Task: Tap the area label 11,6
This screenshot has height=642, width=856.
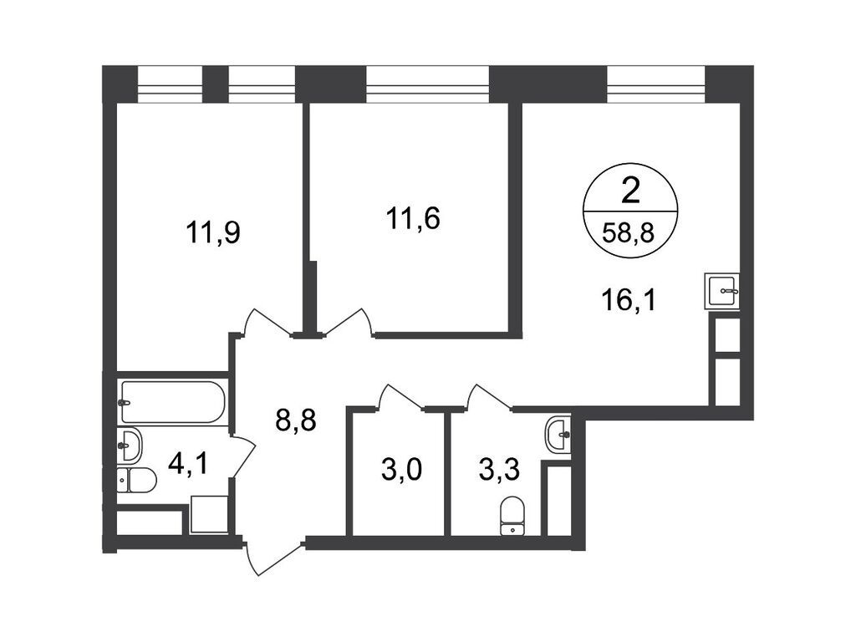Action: [x=413, y=219]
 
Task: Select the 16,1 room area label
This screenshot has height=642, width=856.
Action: [x=630, y=300]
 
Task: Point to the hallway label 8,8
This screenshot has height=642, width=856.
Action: [x=296, y=421]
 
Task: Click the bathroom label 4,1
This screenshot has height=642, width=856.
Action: [x=188, y=465]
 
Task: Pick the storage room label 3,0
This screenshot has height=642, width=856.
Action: [x=401, y=471]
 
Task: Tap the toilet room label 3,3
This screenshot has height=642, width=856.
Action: [x=499, y=471]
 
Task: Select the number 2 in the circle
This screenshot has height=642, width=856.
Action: [x=630, y=192]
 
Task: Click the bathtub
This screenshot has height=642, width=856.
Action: [x=172, y=402]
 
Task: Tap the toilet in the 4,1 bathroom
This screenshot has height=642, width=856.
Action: [x=137, y=480]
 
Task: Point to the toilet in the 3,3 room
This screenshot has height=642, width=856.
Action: [x=512, y=515]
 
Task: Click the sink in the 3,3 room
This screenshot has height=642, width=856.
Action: [x=558, y=435]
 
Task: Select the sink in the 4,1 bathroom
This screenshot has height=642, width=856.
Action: [x=130, y=445]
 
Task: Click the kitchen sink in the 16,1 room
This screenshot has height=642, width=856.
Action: [x=721, y=291]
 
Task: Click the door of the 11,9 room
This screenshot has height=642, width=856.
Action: [x=267, y=324]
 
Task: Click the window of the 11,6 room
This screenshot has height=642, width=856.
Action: [x=427, y=84]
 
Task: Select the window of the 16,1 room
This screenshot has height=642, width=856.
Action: [x=655, y=84]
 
